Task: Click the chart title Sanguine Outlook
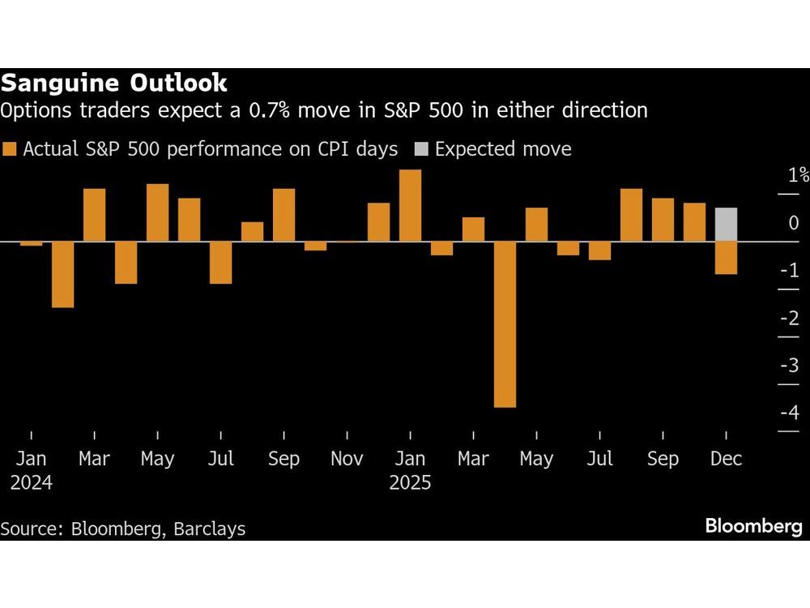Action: point(114,83)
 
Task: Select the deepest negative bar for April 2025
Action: point(505,324)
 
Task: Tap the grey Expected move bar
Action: point(726,225)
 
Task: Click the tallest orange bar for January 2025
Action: point(411,205)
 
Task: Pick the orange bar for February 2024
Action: point(63,274)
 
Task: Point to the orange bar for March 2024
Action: point(95,215)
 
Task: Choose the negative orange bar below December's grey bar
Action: point(726,258)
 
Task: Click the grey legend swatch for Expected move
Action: point(421,149)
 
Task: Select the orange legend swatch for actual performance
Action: point(10,149)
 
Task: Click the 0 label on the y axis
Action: point(794,223)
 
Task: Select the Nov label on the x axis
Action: point(347,459)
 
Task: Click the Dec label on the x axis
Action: point(726,459)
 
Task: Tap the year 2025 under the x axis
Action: point(411,483)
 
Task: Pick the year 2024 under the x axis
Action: point(32,483)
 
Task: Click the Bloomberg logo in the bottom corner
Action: point(753,527)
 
